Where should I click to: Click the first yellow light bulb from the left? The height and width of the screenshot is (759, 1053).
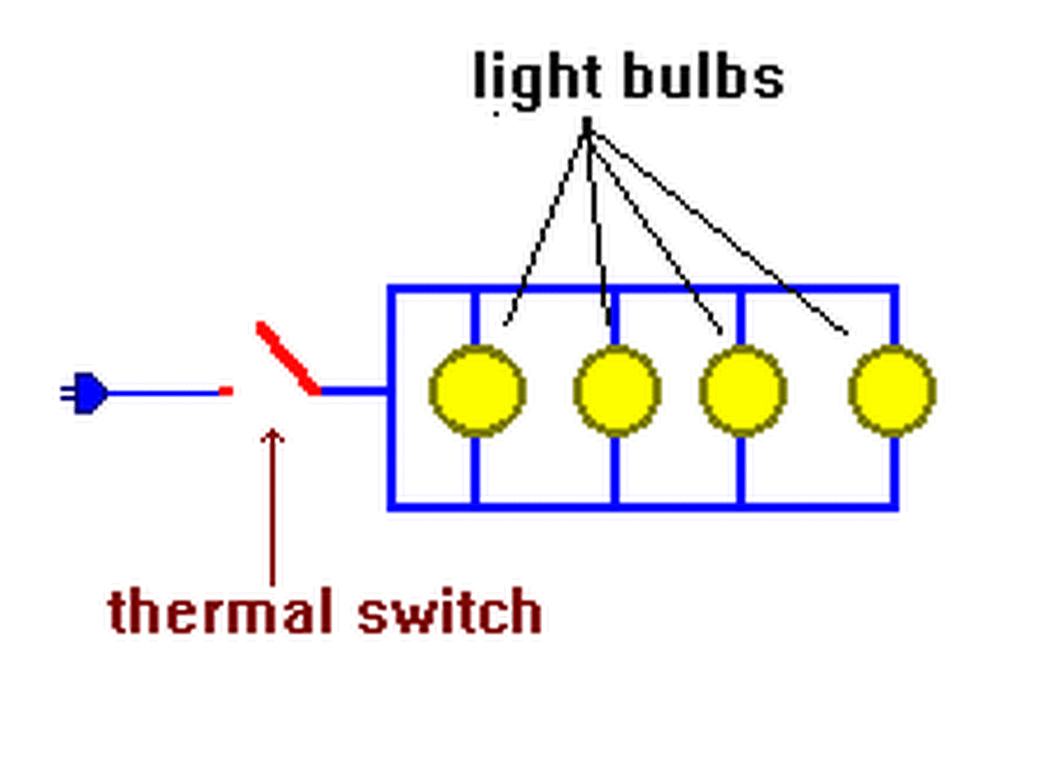tap(476, 391)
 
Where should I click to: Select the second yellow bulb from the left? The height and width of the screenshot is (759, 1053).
tap(616, 391)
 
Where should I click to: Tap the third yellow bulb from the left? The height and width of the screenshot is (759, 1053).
tap(742, 391)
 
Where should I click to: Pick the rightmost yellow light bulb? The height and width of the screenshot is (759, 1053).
tap(892, 391)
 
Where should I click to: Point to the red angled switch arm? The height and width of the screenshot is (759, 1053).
tap(288, 359)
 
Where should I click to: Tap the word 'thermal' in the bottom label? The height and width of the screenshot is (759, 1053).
tap(221, 611)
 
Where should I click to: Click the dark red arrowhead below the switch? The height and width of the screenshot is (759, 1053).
tap(271, 436)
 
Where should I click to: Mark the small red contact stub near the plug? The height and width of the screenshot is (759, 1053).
tap(225, 392)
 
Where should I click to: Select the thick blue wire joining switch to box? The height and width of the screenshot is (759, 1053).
tap(354, 391)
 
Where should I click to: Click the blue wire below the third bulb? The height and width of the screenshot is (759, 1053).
tap(741, 469)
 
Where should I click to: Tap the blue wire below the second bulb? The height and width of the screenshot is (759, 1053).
tap(615, 469)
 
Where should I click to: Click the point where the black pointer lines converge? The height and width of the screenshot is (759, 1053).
tap(587, 126)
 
